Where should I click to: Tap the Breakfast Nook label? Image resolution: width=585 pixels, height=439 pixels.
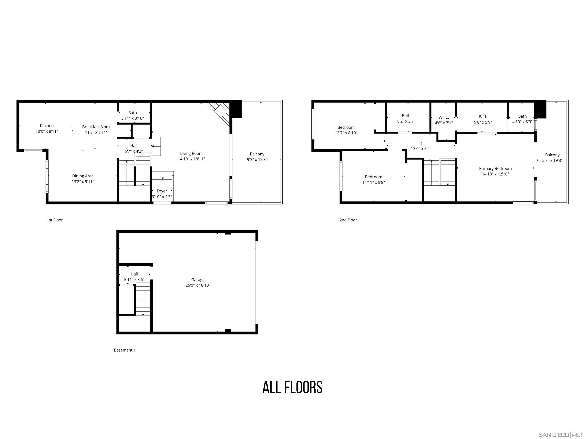pyautogui.click(x=96, y=127)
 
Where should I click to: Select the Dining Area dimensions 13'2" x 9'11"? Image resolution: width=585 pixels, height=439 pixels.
pyautogui.click(x=83, y=182)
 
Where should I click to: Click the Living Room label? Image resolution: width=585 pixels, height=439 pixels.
pyautogui.click(x=191, y=153)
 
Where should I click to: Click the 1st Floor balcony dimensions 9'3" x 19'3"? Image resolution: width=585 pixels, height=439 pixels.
pyautogui.click(x=257, y=159)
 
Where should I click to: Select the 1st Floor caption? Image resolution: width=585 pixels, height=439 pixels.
pyautogui.click(x=55, y=220)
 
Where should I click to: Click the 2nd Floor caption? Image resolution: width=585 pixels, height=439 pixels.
pyautogui.click(x=348, y=220)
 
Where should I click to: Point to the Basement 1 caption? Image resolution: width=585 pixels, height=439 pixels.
pyautogui.click(x=125, y=350)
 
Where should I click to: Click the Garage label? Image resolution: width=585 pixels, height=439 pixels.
pyautogui.click(x=198, y=280)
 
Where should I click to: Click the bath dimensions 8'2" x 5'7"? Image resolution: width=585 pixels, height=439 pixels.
pyautogui.click(x=406, y=121)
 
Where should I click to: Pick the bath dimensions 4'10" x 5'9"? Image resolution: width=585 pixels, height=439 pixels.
pyautogui.click(x=522, y=122)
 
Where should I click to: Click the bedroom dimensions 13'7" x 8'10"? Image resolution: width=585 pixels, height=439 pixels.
pyautogui.click(x=346, y=133)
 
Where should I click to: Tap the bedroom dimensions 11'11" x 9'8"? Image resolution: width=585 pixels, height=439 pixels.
pyautogui.click(x=373, y=182)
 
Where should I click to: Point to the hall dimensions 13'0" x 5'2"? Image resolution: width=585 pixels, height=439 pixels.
pyautogui.click(x=421, y=148)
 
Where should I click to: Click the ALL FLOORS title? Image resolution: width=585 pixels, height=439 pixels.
pyautogui.click(x=292, y=387)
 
